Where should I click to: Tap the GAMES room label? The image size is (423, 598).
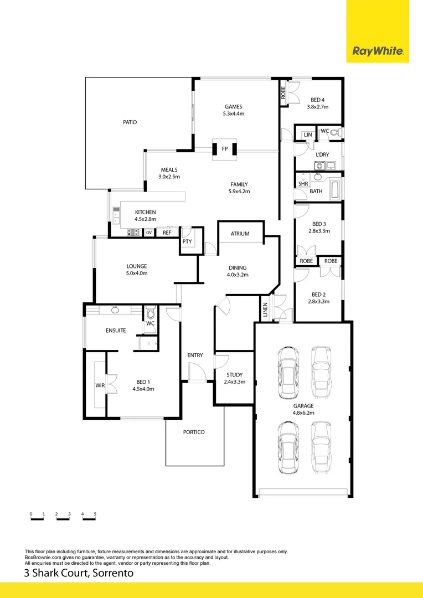[233, 107]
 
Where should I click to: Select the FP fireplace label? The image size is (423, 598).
[224, 149]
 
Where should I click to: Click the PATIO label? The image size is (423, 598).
[130, 122]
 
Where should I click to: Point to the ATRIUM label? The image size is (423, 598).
[239, 234]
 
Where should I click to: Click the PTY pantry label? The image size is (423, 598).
[187, 241]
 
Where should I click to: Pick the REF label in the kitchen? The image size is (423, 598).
[167, 233]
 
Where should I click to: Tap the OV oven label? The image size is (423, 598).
[149, 233]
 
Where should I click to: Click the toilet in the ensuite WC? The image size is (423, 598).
[150, 314]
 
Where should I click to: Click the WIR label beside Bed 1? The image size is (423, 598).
[100, 385]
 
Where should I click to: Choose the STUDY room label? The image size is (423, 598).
[234, 375]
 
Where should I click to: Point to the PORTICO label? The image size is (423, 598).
[193, 432]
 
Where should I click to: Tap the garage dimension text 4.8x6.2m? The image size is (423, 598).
[303, 413]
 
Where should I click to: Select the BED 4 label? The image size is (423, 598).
[317, 100]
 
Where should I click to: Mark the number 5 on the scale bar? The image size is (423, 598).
[95, 514]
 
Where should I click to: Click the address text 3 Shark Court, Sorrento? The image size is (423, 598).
[79, 573]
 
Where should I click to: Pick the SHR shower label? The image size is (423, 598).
[303, 184]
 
